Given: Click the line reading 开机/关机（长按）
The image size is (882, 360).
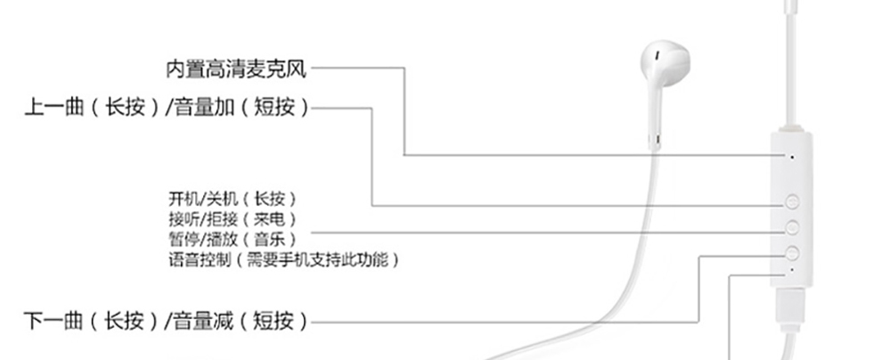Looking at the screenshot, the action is (231, 197).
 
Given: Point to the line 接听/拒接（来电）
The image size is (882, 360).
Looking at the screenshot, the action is (231, 218).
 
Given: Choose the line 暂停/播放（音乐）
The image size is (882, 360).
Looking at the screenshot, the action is (231, 239).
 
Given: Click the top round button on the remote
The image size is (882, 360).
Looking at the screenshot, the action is (792, 202).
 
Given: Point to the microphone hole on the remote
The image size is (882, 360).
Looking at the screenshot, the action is (792, 155).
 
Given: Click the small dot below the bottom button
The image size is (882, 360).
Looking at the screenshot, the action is (792, 268).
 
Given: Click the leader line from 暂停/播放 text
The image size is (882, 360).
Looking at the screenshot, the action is (535, 233).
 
